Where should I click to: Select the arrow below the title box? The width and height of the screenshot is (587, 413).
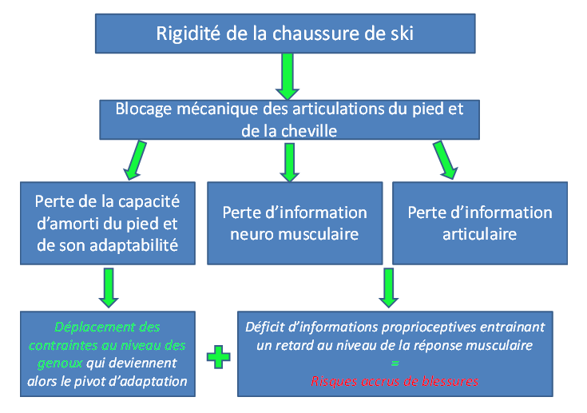coord(287,77)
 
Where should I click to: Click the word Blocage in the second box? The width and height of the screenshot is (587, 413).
coord(145,109)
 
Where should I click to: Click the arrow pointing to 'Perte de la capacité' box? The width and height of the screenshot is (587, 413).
coord(133,159)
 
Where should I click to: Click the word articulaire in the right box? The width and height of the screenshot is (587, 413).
coord(479,234)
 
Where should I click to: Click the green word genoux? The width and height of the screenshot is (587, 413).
coord(55,363)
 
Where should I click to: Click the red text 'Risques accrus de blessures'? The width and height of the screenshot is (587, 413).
coord(395,382)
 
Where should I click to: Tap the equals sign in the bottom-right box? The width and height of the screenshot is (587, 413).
coord(395,364)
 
